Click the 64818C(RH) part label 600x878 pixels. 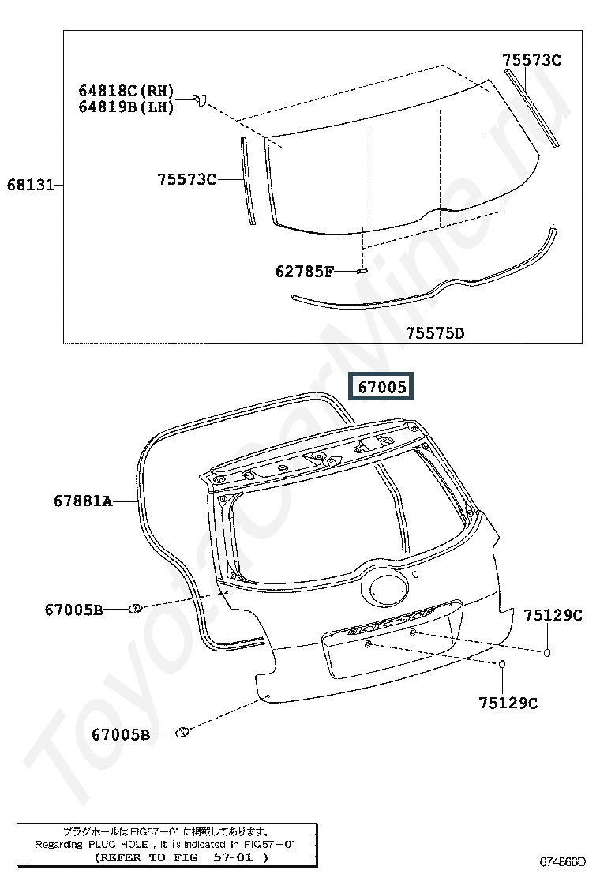click(x=126, y=91)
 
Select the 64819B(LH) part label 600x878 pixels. click(x=126, y=107)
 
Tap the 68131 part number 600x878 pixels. click(x=31, y=185)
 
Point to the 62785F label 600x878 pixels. click(x=304, y=272)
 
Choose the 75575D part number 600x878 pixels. click(x=435, y=333)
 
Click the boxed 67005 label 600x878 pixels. click(x=381, y=386)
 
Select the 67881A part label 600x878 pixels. click(x=83, y=500)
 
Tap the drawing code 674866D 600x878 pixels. click(x=562, y=861)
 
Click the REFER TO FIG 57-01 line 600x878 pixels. click(x=182, y=857)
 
